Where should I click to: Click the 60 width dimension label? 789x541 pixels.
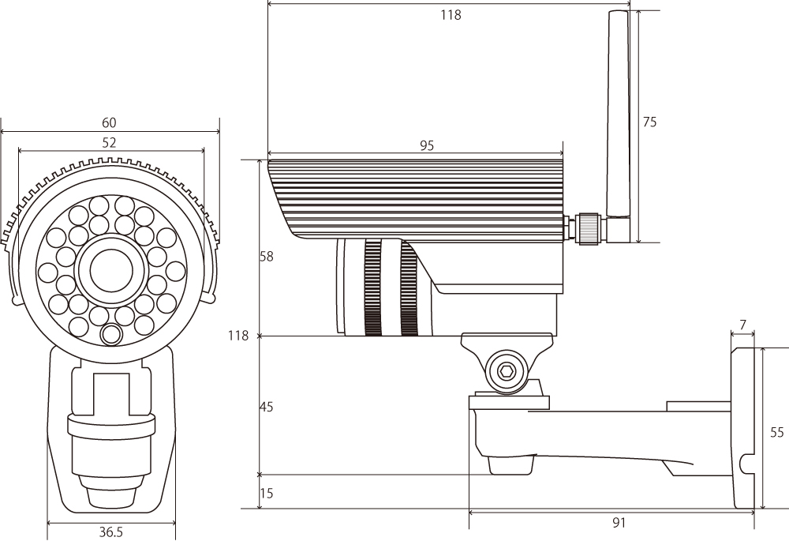point(109,122)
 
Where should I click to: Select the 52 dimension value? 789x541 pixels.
point(109,142)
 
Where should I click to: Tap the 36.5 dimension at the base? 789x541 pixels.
point(110,532)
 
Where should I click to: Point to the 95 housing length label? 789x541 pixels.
point(426,145)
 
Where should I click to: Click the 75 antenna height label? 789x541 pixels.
point(649,122)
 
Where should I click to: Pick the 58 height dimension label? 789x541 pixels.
point(266,257)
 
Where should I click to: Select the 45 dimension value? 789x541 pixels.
point(266,407)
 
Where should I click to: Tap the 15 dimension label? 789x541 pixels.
point(267,493)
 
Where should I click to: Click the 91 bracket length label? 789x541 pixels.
point(619,523)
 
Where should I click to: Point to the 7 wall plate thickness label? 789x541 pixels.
point(742,325)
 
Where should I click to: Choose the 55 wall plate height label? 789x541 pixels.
point(777,432)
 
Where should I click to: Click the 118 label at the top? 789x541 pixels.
point(451,15)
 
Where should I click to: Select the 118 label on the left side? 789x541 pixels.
point(238,336)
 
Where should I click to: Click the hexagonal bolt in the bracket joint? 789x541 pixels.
point(507,372)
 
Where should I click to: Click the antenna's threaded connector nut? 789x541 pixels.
point(589,229)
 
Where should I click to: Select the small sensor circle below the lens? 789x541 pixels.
point(111,334)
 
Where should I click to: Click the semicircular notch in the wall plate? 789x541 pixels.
point(747,464)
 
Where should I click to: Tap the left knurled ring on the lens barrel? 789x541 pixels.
point(372,287)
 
